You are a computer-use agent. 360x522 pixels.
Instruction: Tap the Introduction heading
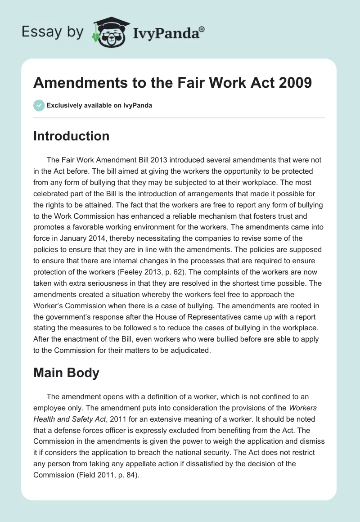click(x=71, y=136)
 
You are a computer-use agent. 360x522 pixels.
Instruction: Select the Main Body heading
click(x=66, y=373)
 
